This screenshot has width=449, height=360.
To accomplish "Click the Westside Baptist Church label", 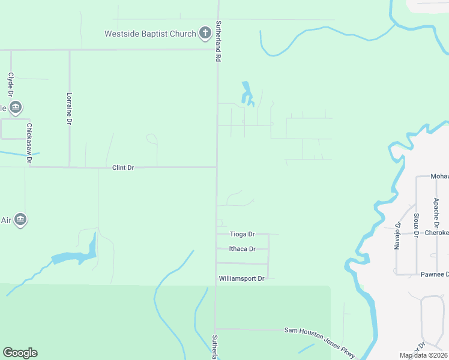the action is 150,34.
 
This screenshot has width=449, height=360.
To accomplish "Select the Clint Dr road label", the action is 123,168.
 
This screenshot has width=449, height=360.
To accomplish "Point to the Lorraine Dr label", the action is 70,108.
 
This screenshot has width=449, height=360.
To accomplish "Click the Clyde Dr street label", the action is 11,85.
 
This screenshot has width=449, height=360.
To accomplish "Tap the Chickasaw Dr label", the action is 29,143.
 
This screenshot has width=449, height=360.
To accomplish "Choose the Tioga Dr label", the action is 243,234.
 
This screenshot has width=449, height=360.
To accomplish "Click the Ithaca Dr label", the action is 243,249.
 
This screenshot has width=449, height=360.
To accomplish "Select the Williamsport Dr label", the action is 241,278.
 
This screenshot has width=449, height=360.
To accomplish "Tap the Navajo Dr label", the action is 397,235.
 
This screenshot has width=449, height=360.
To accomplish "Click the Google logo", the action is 20,353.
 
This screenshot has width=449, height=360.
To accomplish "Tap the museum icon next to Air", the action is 20,220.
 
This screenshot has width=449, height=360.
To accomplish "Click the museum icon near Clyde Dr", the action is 16,107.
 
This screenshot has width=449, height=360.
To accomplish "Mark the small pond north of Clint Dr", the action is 247,94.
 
